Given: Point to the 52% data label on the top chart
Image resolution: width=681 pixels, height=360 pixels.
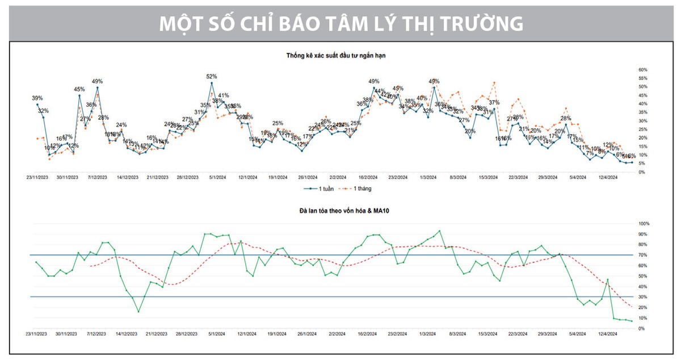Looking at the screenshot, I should (212, 76).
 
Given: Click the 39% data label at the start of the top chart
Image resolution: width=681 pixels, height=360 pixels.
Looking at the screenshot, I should (37, 98).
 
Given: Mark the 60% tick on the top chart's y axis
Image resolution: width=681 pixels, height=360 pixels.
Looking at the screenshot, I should (643, 70).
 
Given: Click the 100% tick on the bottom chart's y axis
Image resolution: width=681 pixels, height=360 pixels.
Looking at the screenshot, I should (644, 224).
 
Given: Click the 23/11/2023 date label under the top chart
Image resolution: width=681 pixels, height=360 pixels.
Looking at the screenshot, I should (37, 177).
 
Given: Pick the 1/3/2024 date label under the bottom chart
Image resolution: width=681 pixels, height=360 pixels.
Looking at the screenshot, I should (428, 334).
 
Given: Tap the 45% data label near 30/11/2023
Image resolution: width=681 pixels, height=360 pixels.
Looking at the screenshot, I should (79, 89).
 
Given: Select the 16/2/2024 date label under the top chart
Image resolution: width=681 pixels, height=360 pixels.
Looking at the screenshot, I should (368, 177).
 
